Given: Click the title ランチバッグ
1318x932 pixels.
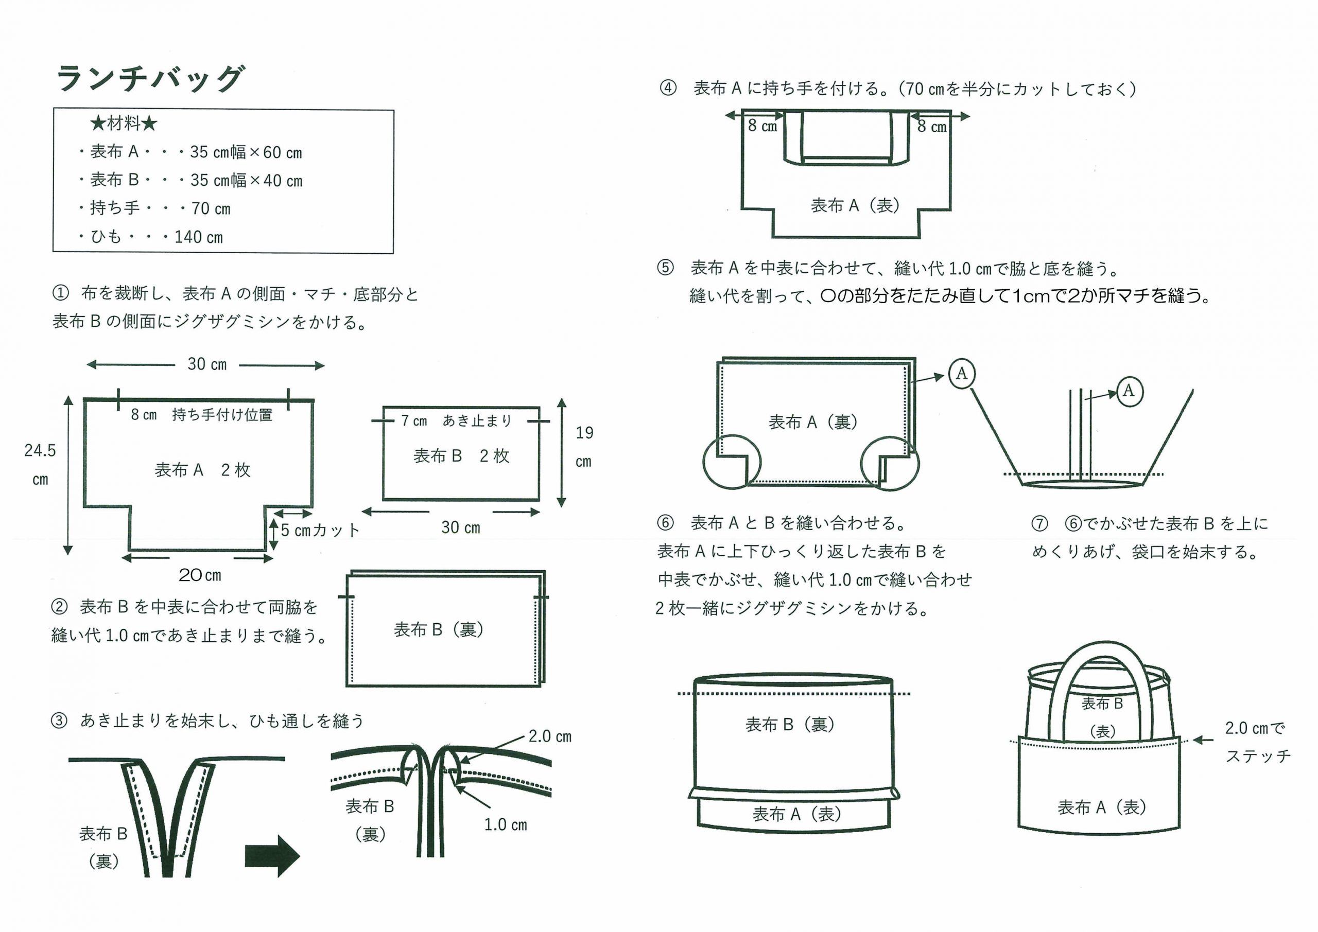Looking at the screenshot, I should pyautogui.click(x=150, y=78).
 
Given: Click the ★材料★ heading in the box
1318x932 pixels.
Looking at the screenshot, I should pyautogui.click(x=124, y=123).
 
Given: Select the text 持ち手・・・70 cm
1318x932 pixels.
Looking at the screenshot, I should pyautogui.click(x=154, y=208).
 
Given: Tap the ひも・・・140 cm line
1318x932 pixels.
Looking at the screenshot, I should pyautogui.click(x=150, y=236).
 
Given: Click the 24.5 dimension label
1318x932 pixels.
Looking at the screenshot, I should pyautogui.click(x=40, y=450).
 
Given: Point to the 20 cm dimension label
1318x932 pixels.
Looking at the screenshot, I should pyautogui.click(x=200, y=574).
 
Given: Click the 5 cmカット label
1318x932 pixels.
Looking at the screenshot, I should pyautogui.click(x=320, y=530).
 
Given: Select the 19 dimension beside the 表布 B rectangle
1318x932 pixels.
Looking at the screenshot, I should pyautogui.click(x=584, y=433).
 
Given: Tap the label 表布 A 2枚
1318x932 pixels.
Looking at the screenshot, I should pyautogui.click(x=203, y=470).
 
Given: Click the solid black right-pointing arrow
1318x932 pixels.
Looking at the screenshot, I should pyautogui.click(x=272, y=856).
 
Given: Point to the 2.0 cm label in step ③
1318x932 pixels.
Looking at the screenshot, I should pyautogui.click(x=549, y=736).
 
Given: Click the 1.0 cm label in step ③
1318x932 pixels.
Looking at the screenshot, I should pyautogui.click(x=505, y=824).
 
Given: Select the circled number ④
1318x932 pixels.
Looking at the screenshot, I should pyautogui.click(x=668, y=89).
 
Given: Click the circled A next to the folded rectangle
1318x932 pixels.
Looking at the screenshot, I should pyautogui.click(x=962, y=374).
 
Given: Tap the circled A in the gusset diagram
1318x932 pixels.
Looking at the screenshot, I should pyautogui.click(x=1129, y=392).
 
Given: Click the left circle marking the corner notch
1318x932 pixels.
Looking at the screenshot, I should pyautogui.click(x=732, y=462).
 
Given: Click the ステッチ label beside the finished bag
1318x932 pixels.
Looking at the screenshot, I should pyautogui.click(x=1257, y=756).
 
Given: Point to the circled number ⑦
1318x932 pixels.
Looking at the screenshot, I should pyautogui.click(x=1039, y=523).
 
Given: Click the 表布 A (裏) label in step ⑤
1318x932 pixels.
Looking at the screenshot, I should pyautogui.click(x=813, y=423).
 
